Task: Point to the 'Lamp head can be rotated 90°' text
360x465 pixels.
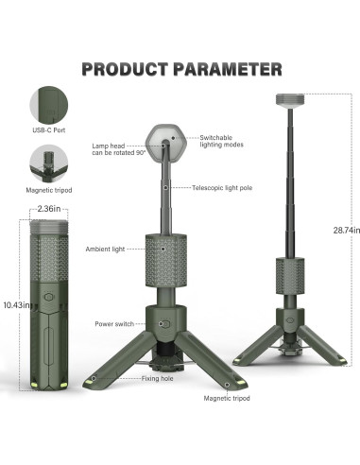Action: click(118, 150)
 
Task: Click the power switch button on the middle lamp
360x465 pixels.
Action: click(163, 323)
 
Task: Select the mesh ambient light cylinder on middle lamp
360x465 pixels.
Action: click(163, 260)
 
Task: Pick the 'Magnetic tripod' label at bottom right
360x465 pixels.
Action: click(227, 399)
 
